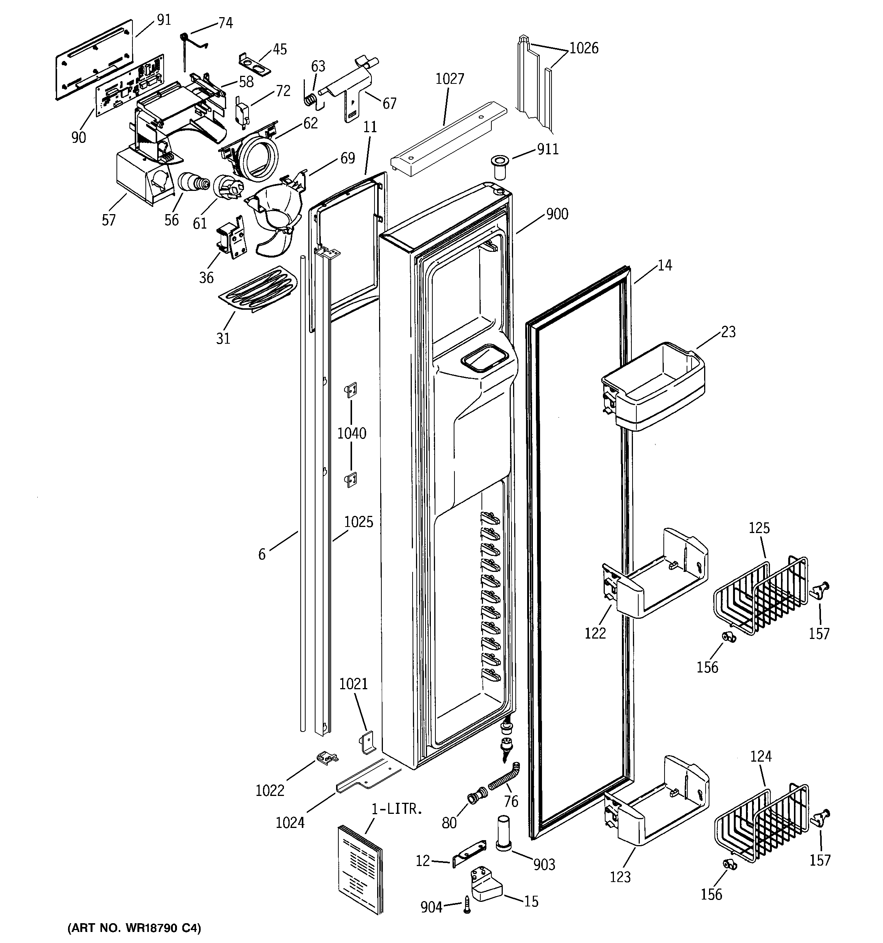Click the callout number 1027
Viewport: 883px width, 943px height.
click(449, 79)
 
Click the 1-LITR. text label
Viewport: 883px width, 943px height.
click(396, 809)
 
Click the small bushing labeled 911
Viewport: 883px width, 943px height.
click(500, 167)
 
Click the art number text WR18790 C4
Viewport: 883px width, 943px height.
click(135, 928)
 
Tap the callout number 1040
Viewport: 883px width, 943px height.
click(352, 433)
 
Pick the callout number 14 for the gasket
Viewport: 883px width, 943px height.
click(665, 265)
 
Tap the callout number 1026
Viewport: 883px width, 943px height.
click(583, 48)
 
